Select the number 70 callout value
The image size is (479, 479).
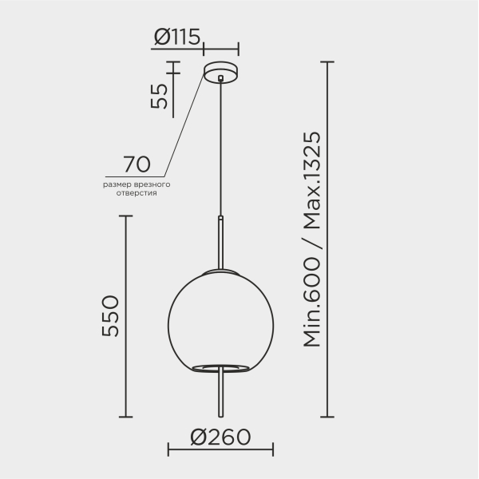pos(137,164)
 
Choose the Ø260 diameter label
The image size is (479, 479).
pos(220,437)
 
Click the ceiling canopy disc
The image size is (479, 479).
pos(220,72)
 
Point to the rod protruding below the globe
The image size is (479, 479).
pos(220,395)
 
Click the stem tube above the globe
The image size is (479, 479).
pos(220,243)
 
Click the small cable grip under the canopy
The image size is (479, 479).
pos(220,78)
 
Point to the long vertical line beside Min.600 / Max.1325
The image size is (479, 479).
pos(327,239)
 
